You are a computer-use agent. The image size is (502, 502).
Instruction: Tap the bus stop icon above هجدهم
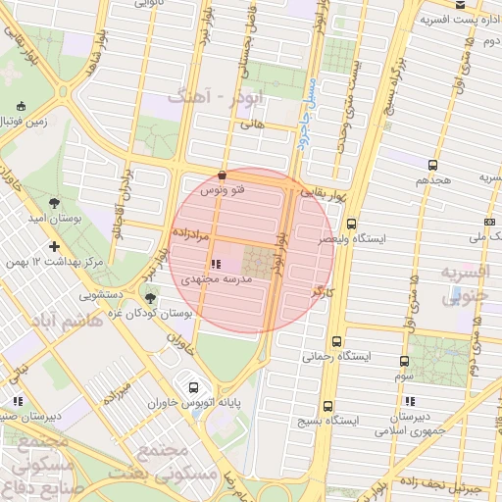tap(433, 166)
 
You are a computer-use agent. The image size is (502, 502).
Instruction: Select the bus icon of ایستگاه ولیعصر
tap(351, 225)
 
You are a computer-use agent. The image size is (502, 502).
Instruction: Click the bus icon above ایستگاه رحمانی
tap(337, 342)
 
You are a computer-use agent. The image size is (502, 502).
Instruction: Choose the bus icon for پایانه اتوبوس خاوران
tap(194, 386)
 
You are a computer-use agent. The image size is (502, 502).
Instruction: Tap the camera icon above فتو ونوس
tap(225, 175)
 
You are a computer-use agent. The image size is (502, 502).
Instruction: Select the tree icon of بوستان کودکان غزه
tap(150, 298)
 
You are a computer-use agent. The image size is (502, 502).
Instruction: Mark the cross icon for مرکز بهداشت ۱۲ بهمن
tap(54, 246)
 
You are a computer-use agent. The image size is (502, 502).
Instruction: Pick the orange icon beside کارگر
tap(316, 292)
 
